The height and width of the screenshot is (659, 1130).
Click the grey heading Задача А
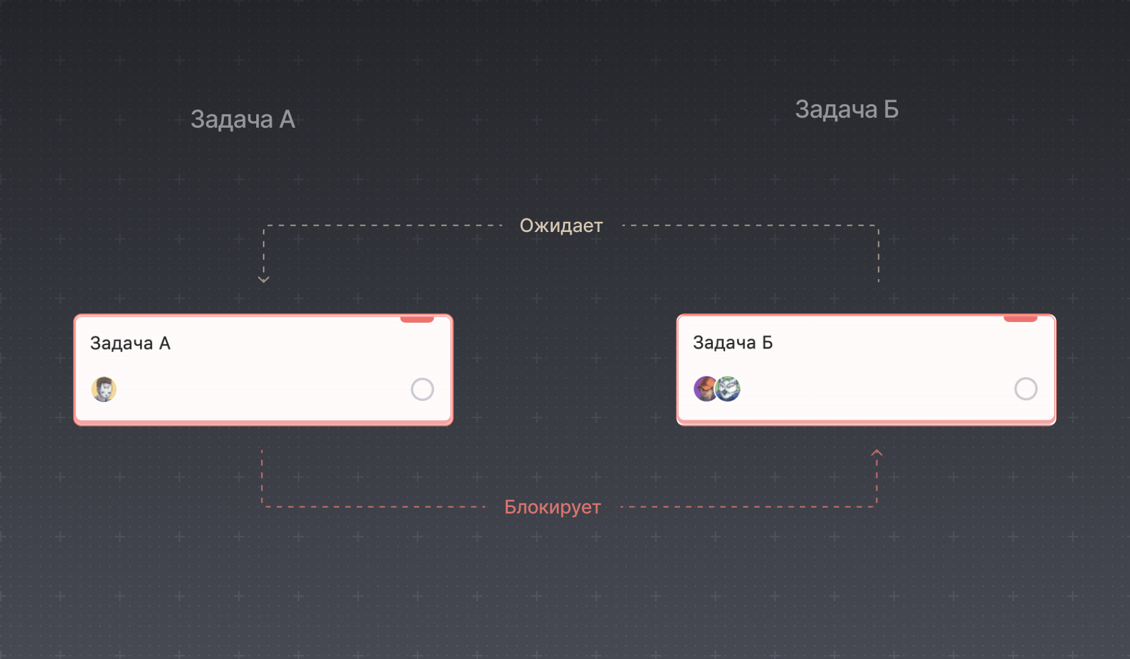pos(242,120)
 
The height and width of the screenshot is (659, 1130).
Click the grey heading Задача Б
pos(846,110)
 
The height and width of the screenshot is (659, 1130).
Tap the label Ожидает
pos(561,226)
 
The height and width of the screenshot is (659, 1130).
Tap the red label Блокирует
pos(552,507)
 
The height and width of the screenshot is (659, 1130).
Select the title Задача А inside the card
pos(130,344)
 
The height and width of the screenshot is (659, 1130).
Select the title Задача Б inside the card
pos(732,343)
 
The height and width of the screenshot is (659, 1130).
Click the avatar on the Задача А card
pos(104,389)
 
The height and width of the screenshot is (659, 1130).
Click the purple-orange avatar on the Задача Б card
pos(704,389)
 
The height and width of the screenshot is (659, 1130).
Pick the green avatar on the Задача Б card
pos(728,389)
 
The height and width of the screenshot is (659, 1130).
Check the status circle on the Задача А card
pos(422,389)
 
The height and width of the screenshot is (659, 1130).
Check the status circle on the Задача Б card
pos(1026,389)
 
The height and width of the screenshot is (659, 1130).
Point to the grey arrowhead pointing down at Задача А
pos(264,279)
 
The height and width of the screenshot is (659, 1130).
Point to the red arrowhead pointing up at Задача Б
pos(876,453)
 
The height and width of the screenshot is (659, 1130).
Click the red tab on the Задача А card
pos(417,319)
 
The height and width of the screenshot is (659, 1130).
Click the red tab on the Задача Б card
pos(1020,319)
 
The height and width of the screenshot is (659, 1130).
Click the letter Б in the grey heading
pos(891,110)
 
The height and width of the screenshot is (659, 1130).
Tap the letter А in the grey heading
pos(287,120)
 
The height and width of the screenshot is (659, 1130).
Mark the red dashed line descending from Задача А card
pos(262,477)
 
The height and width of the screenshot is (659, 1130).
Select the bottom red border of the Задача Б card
pos(866,422)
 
